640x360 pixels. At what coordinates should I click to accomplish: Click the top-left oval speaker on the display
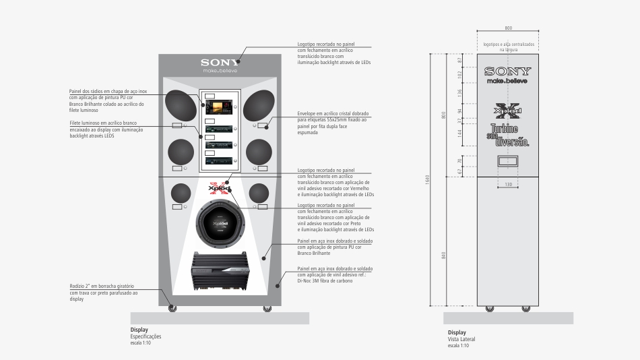pos(181,106)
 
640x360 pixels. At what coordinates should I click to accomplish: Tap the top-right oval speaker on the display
pos(259,106)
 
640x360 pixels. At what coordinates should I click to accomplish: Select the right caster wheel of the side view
pos(525,309)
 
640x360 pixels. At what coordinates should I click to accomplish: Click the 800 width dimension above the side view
pos(508,28)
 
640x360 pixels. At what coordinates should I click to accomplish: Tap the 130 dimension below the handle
pos(508,185)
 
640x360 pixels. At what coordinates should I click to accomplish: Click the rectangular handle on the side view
pos(508,161)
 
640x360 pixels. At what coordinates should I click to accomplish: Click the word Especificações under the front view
pos(146,336)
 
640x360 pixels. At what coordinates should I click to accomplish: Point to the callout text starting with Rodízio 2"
pos(104,293)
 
